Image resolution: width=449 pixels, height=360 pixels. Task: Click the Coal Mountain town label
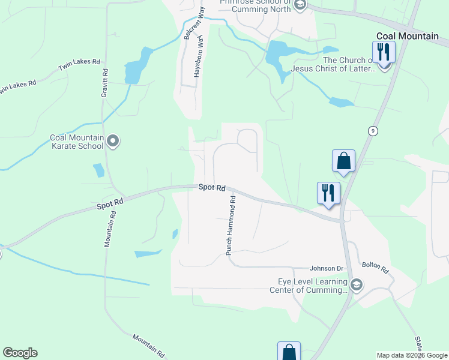point(407,36)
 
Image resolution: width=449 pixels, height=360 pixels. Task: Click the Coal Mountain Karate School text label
point(77,142)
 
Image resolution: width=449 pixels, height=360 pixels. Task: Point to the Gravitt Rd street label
point(104,83)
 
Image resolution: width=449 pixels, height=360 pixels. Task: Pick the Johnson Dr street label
point(326,268)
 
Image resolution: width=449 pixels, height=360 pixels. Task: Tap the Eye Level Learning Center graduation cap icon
point(357,284)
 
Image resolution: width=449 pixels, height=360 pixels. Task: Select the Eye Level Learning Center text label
point(312,286)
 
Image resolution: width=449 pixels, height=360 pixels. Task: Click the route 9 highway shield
point(373,131)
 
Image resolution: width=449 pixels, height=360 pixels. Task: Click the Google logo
point(20,353)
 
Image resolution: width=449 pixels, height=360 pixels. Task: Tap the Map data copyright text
point(412,355)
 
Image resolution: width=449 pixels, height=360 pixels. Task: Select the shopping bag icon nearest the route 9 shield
point(343,161)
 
